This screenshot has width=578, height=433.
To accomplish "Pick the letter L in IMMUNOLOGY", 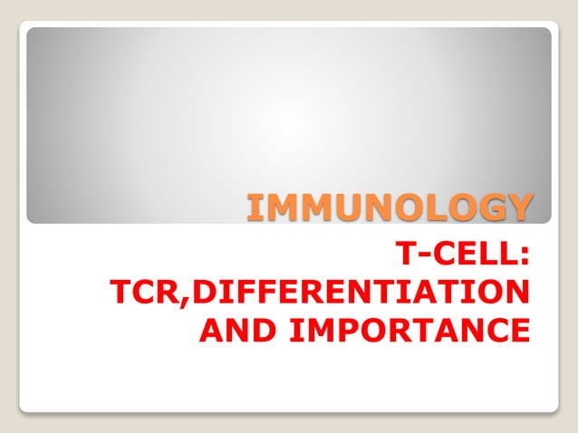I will coord(429,207).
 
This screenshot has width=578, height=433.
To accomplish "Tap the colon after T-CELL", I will coord(524,256).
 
